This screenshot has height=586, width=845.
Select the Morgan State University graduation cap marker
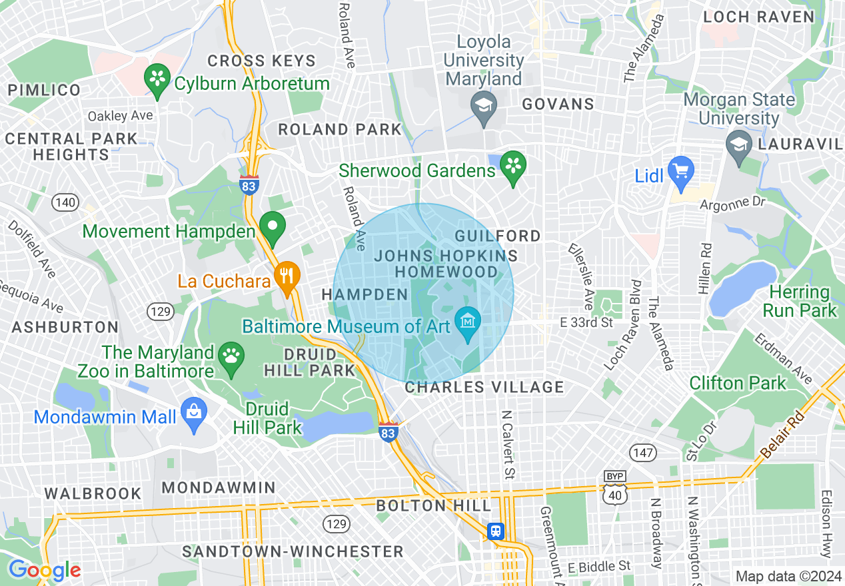tap(738, 146)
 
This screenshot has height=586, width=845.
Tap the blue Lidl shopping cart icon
tap(680, 171)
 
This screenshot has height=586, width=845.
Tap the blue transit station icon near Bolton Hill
tap(495, 531)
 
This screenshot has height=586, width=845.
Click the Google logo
tap(45, 570)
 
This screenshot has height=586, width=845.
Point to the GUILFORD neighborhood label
tap(497, 236)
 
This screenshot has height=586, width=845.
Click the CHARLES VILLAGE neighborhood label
tap(484, 387)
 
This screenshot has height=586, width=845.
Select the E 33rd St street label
tap(586, 323)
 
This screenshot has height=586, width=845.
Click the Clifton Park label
tap(738, 384)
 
